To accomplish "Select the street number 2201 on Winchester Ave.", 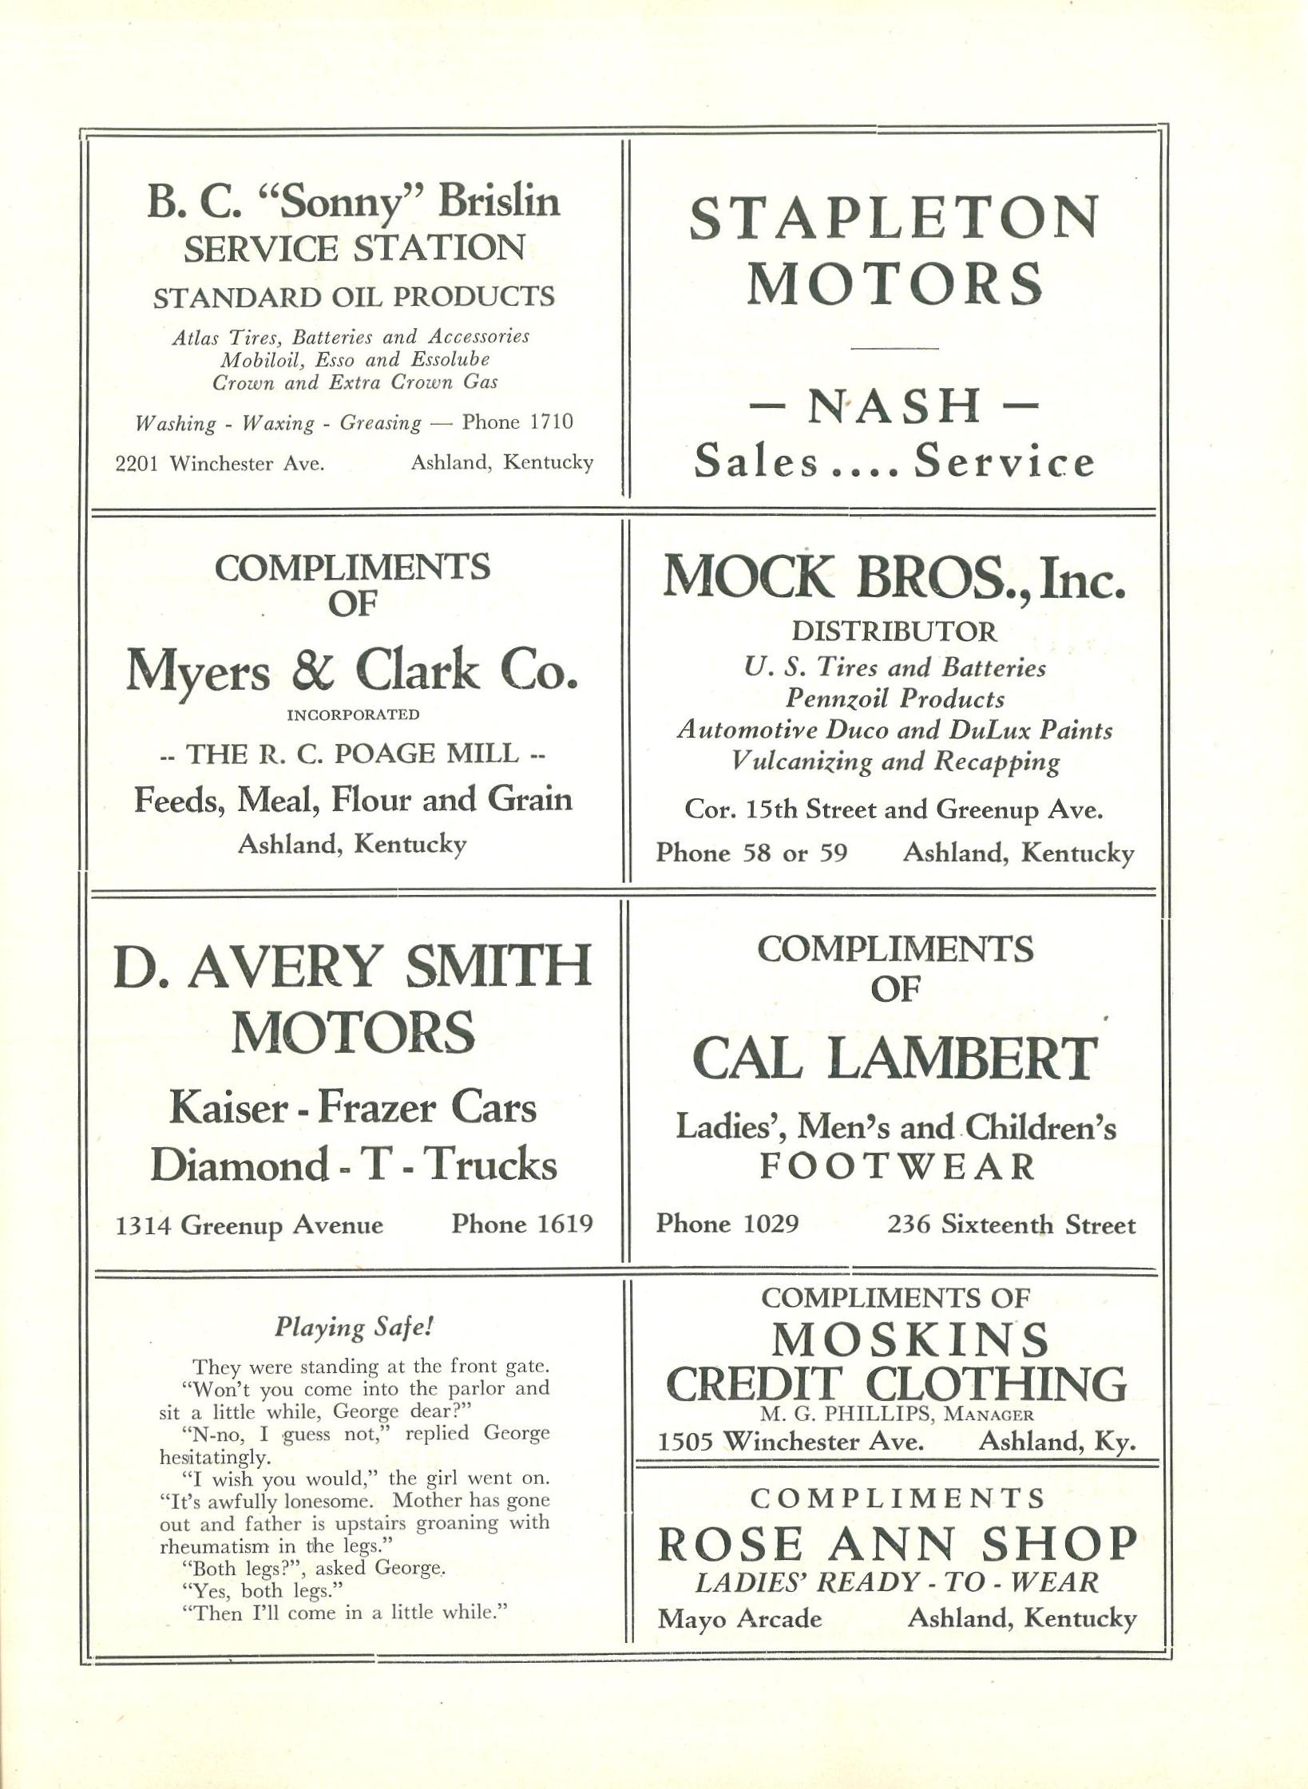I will click(x=138, y=463).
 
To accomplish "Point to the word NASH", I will click(x=894, y=406).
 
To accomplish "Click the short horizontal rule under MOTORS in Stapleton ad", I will click(x=894, y=348).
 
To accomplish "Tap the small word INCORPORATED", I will click(x=353, y=714).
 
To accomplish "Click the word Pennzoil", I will click(x=838, y=699).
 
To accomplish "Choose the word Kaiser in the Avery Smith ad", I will click(x=226, y=1108).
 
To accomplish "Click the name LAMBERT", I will click(x=961, y=1059).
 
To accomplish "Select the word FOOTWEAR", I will click(x=896, y=1167).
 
